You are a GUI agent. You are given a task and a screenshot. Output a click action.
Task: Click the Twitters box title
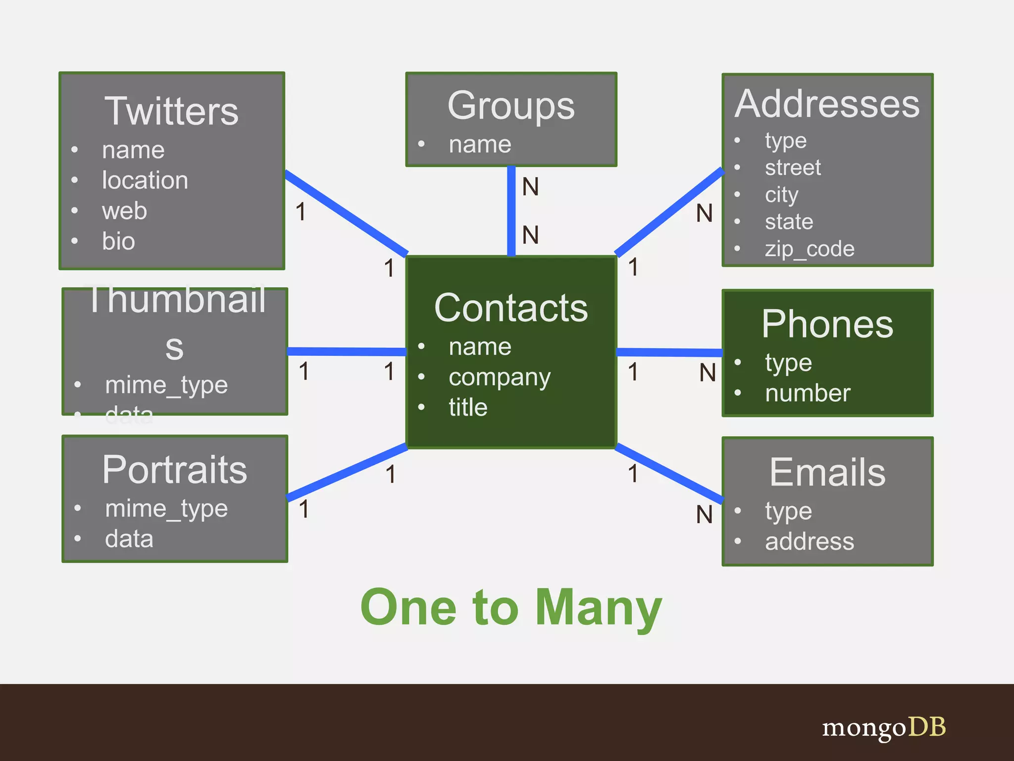point(171,111)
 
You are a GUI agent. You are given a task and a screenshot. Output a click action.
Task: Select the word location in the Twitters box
point(145,180)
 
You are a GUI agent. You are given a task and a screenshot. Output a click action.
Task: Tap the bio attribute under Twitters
point(118,241)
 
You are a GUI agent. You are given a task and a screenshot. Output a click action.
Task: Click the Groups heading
point(511,106)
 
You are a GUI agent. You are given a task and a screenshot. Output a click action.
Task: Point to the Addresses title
point(827,104)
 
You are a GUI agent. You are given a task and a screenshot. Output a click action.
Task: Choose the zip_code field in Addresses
point(810,249)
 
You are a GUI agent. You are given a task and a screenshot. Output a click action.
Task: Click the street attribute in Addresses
point(793,167)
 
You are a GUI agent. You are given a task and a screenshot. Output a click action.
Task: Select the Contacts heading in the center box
point(511,308)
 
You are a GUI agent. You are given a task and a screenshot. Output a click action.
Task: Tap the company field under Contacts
point(499,378)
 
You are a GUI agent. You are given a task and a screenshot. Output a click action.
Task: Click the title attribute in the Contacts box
point(468,407)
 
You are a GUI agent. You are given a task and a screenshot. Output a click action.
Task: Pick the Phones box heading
point(827,324)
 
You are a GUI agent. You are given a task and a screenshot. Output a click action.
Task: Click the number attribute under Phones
point(808,393)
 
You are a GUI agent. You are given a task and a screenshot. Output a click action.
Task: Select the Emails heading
point(827,472)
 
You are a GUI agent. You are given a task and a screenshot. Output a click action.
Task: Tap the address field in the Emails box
point(810,542)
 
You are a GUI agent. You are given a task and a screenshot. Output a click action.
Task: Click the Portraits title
point(174,470)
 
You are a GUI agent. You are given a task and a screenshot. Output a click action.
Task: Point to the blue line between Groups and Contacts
point(511,211)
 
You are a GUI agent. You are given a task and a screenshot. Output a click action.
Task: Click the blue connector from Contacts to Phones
point(669,352)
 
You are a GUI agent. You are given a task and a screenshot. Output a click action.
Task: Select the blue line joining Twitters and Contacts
point(347,213)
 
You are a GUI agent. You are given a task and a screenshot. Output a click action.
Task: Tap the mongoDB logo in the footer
point(884,727)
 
